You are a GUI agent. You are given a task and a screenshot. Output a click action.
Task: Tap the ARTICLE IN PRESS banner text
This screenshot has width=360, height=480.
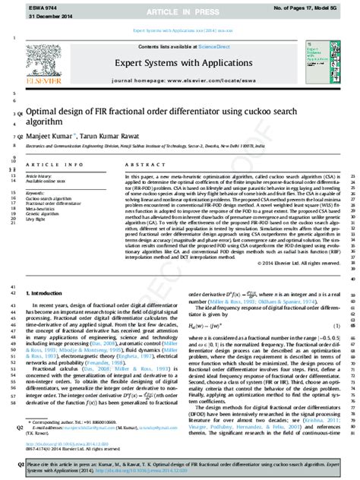pyautogui.click(x=179, y=8)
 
